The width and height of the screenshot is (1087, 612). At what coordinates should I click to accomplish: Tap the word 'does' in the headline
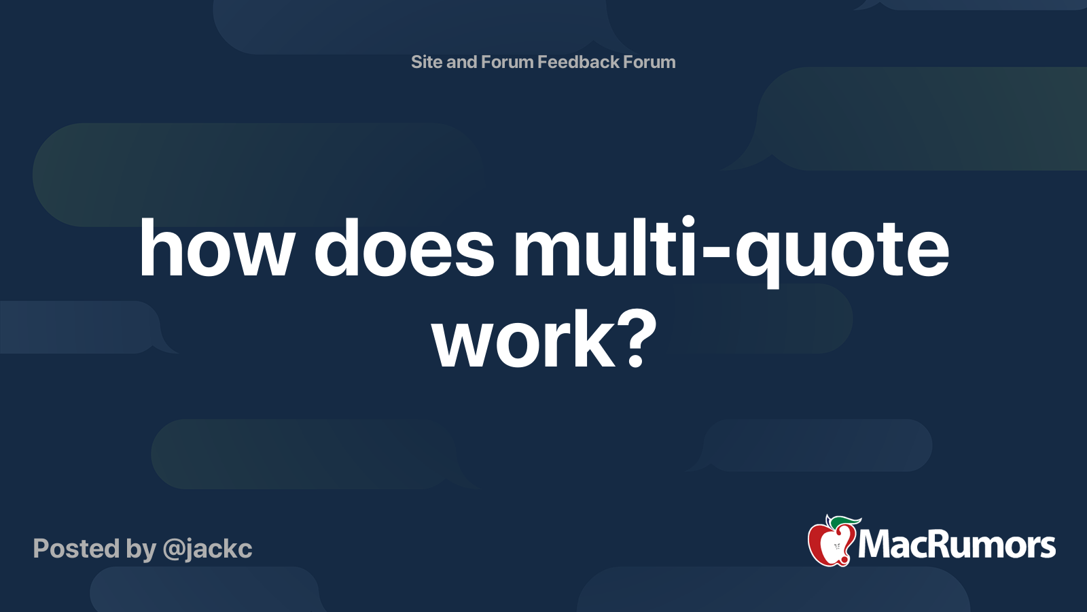point(404,248)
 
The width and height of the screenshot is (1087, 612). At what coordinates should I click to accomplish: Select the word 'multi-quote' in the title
point(731,252)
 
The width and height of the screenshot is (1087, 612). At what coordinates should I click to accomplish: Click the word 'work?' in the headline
point(544,340)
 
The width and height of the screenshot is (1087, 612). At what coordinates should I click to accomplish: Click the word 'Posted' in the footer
point(76,549)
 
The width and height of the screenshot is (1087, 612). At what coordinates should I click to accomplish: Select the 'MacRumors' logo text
point(957,545)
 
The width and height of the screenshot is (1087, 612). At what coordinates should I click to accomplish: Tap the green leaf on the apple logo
point(844,523)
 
